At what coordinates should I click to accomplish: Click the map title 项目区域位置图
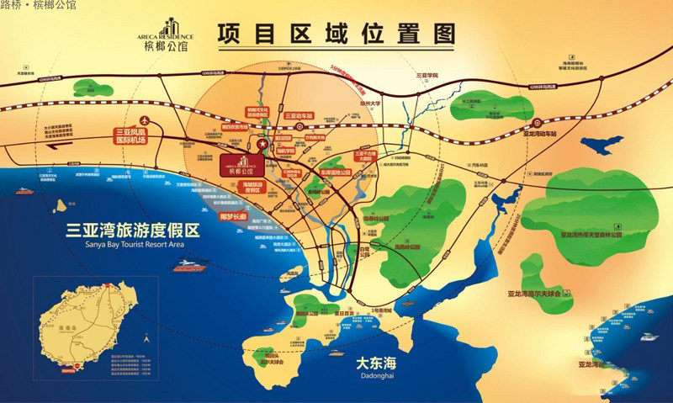(x=335, y=35)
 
